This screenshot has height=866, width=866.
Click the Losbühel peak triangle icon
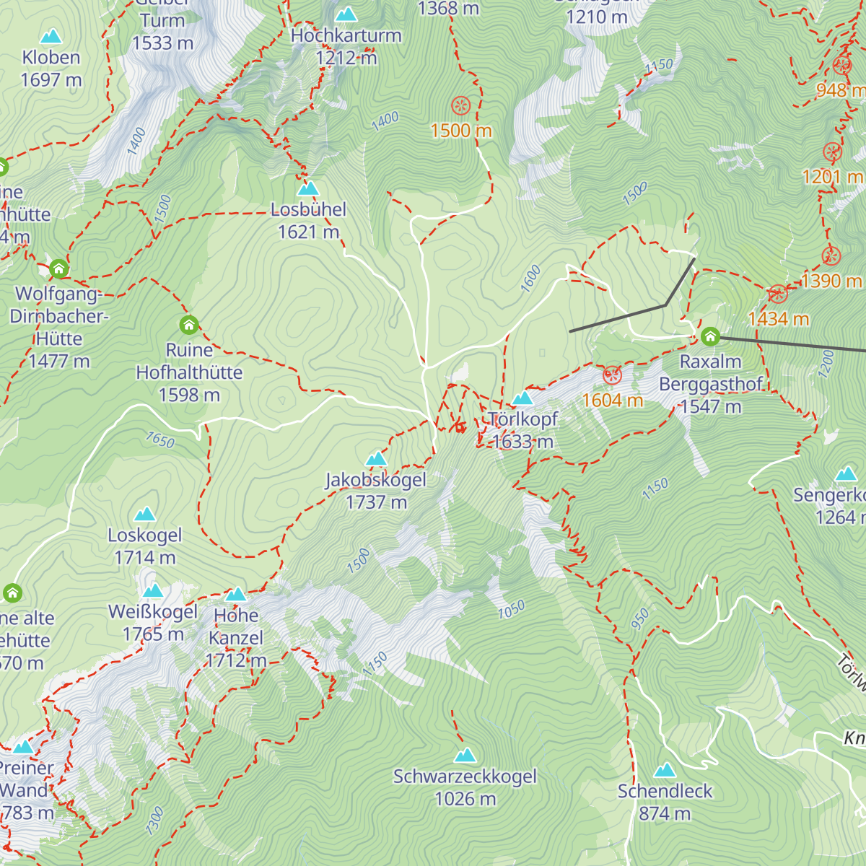pos(308,188)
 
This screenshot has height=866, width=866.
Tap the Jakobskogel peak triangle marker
pos(376,459)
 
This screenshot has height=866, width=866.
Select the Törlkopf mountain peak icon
pos(522,398)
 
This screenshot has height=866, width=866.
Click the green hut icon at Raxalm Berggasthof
pos(710,336)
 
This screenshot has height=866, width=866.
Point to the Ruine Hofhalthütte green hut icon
pos(189,325)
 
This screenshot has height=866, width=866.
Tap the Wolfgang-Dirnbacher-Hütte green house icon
pos(58,269)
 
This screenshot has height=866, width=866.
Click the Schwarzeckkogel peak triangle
pos(465,756)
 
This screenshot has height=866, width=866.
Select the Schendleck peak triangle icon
pos(664,770)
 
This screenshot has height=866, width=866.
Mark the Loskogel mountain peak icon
pos(145,515)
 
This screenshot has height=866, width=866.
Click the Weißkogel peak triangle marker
pos(153,591)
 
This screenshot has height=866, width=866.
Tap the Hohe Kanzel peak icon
pos(236,595)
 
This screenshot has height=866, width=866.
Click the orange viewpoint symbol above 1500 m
pos(460,106)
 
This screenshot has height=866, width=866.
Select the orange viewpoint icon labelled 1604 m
pos(612,375)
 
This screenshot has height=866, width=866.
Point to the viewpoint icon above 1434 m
pos(777,294)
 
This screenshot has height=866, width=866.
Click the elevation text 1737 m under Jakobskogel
pos(376,502)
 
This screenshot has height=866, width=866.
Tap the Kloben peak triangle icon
pos(51,37)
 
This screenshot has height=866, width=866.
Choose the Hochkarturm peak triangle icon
pos(346,14)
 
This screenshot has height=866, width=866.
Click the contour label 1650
pos(160,439)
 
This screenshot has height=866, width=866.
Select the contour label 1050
pos(511,611)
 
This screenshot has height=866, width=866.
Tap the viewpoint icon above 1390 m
pos(831,255)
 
